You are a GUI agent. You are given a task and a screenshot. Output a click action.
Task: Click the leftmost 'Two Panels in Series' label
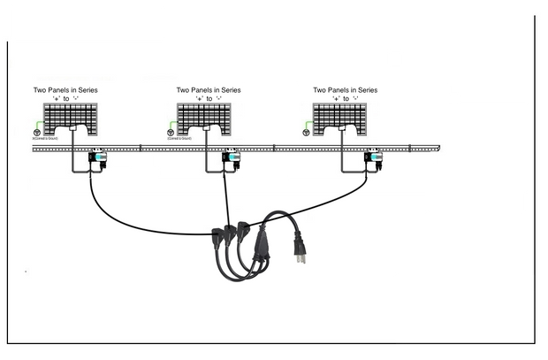coord(65,90)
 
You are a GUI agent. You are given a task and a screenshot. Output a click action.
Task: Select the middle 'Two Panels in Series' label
coord(209,90)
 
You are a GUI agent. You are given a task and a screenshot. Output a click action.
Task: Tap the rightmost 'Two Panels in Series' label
coord(345,90)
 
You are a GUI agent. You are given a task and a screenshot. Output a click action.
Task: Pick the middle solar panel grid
coord(208,116)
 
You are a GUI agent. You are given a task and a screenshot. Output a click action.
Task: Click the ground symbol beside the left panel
coord(36,133)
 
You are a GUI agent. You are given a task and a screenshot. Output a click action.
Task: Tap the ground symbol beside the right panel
coord(307,133)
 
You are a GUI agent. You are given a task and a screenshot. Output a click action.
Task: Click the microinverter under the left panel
coord(96,161)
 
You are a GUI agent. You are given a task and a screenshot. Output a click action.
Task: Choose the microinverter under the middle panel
coord(232,161)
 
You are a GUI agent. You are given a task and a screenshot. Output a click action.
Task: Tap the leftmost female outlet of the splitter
coord(217,236)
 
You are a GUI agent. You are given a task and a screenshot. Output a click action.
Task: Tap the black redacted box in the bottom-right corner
coord(465,309)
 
